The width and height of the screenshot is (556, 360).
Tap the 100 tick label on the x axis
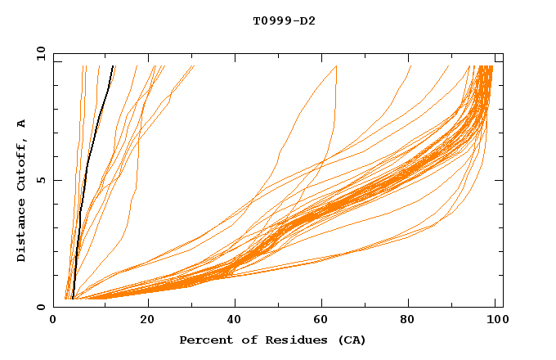tap(495, 320)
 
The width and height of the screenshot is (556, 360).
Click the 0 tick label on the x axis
tap(53, 320)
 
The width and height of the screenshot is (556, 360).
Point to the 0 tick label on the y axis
tap(40, 308)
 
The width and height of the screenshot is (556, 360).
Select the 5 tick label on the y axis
tap(40, 180)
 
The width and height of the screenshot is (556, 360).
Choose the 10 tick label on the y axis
tap(38, 52)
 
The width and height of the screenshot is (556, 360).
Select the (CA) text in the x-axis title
tap(349, 340)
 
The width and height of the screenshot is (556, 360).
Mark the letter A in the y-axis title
tap(22, 124)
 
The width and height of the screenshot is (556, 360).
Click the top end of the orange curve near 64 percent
tap(336, 66)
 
